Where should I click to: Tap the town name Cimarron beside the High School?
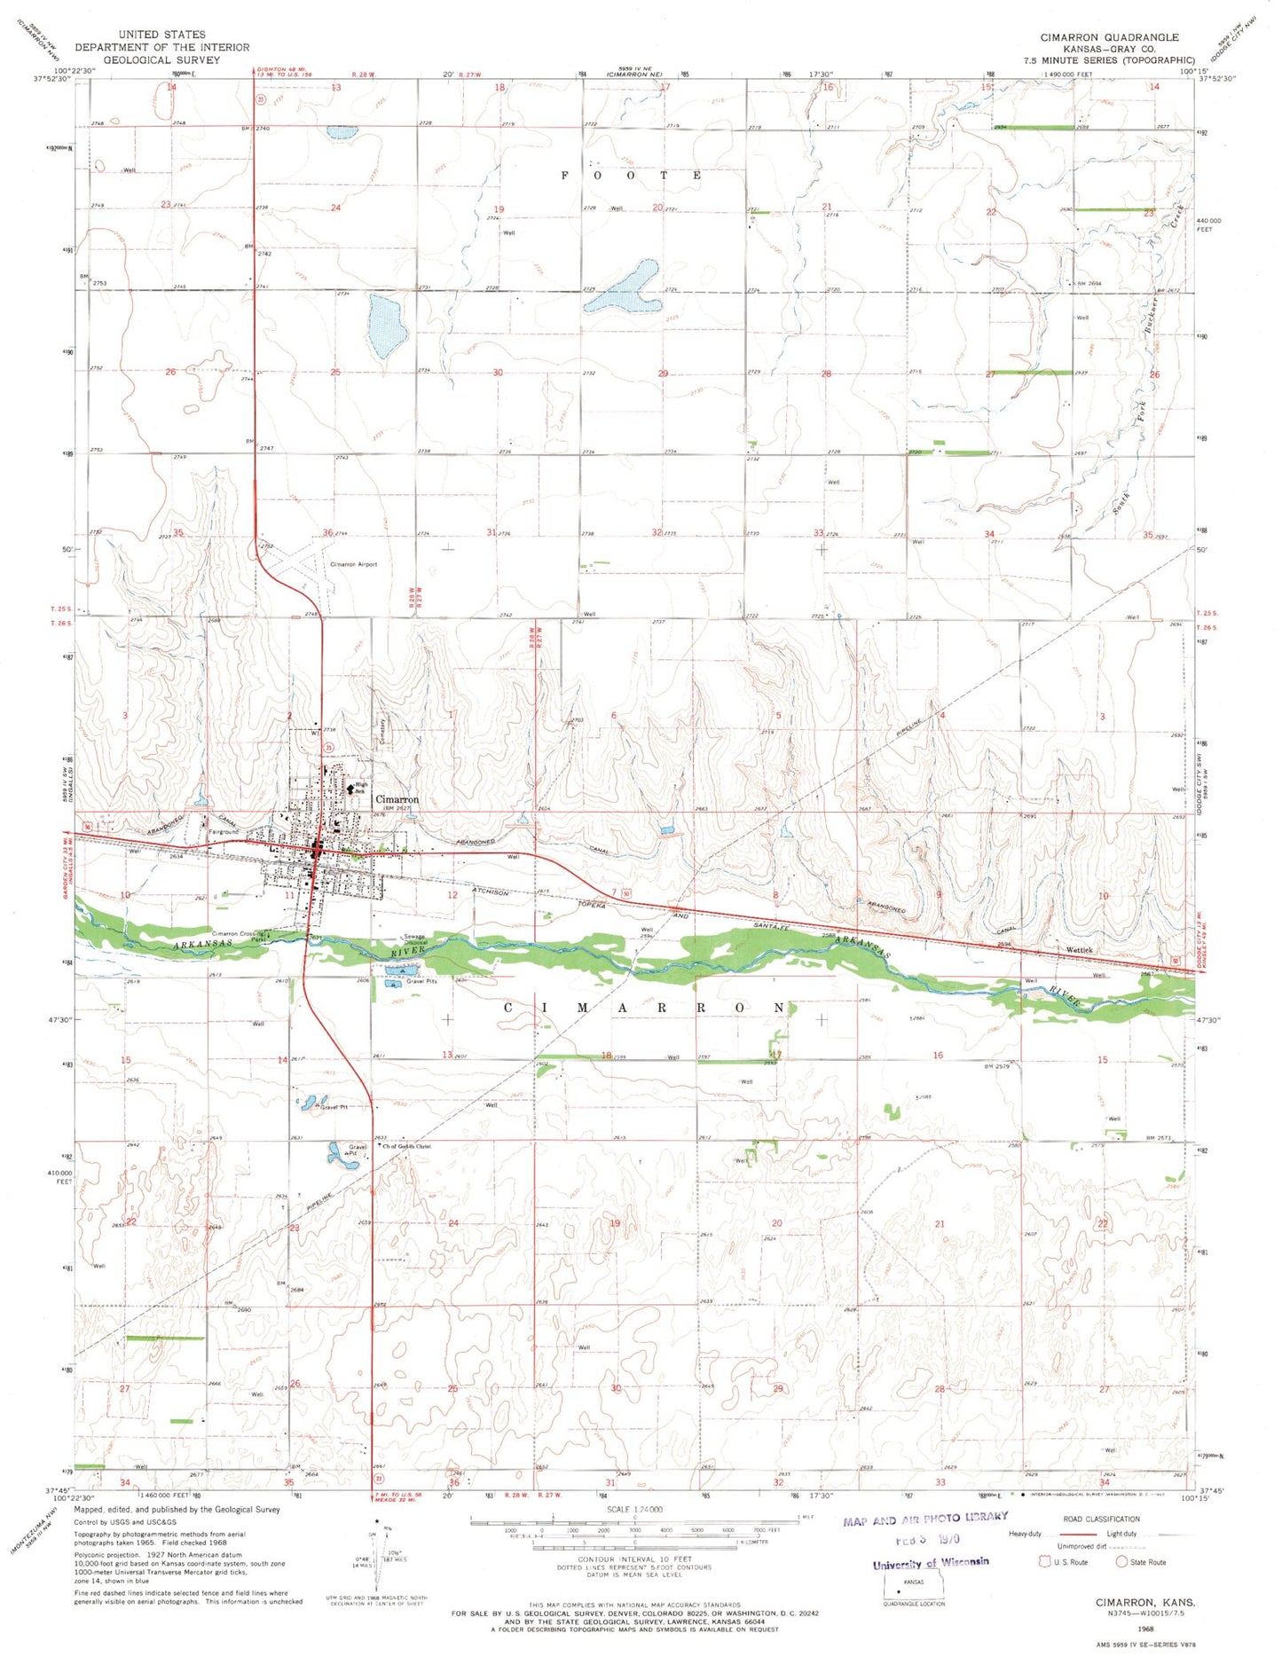(x=397, y=799)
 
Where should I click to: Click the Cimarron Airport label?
(x=353, y=564)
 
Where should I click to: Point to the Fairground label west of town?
(x=224, y=832)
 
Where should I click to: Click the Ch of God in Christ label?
(x=407, y=1146)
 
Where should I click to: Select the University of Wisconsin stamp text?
(x=931, y=1562)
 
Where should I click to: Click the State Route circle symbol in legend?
(x=1121, y=1561)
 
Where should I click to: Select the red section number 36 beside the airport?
(x=327, y=532)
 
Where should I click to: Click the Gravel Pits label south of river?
(x=422, y=982)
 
